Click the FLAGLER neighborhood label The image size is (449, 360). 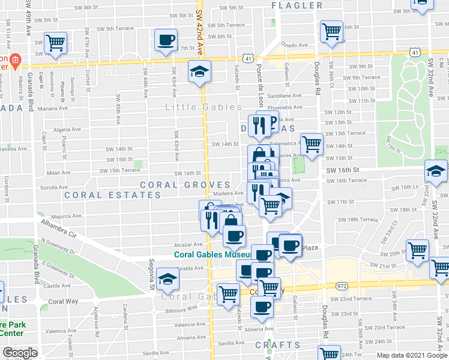(297, 6)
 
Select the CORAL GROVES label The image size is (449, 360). (185, 185)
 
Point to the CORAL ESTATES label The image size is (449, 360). (113, 195)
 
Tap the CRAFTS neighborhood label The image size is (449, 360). (277, 345)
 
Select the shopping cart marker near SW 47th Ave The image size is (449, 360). (55, 43)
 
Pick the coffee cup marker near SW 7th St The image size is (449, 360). (166, 40)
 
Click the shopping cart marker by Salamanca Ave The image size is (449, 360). (312, 143)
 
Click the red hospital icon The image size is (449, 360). (16, 60)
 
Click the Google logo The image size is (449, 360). (20, 353)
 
